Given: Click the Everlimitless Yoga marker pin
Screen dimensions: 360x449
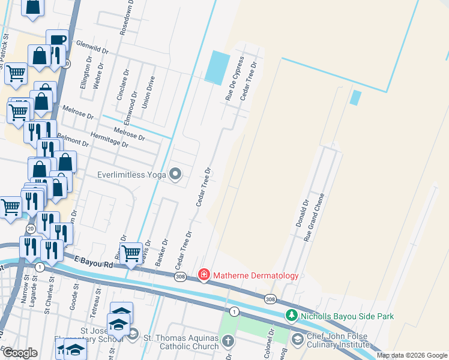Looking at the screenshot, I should point(176,175).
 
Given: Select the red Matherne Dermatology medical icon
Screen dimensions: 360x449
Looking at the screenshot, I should point(204,275).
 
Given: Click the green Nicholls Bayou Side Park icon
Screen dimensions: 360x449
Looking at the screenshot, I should point(292,315).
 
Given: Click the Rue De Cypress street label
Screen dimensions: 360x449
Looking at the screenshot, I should point(234,78).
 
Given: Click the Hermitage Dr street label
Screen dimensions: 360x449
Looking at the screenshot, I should point(109,140).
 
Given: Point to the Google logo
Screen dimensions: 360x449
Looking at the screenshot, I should point(19,352).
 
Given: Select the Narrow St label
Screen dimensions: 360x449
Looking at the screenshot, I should point(27,283).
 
